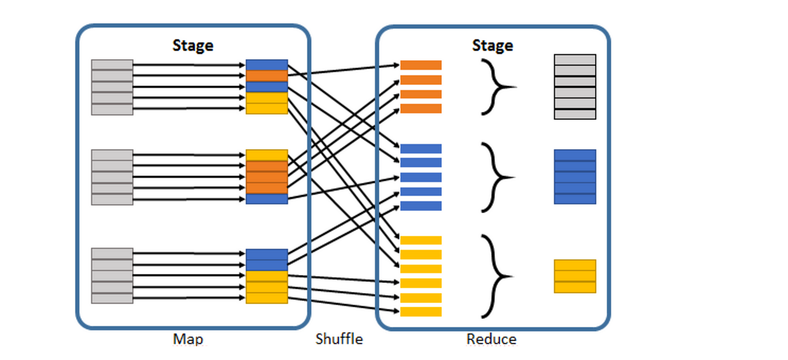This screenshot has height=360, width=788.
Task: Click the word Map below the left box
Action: click(x=188, y=339)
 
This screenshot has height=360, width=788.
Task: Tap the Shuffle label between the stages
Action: click(x=339, y=339)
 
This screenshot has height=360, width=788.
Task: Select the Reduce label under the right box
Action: click(x=491, y=339)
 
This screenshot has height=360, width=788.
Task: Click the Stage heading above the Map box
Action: click(x=192, y=46)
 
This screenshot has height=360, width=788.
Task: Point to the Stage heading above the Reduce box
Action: click(x=492, y=46)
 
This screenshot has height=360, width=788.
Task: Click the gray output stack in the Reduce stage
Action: click(x=575, y=87)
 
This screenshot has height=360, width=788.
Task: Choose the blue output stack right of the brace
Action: click(x=575, y=177)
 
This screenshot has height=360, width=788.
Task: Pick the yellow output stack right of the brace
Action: click(x=575, y=276)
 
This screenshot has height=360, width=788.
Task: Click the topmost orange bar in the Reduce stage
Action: click(x=420, y=65)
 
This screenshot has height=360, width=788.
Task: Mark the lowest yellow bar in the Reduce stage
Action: click(x=420, y=312)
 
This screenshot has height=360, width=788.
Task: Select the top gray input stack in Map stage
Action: click(x=113, y=87)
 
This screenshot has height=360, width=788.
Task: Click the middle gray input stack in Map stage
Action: click(x=113, y=177)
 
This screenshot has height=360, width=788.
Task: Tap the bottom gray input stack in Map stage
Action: click(x=113, y=276)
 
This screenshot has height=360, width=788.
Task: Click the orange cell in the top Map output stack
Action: click(x=267, y=76)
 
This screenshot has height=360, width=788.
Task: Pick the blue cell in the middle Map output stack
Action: click(x=267, y=199)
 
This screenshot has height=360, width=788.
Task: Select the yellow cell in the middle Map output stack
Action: click(x=267, y=155)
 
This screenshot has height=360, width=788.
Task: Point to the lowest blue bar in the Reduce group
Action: click(x=420, y=206)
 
